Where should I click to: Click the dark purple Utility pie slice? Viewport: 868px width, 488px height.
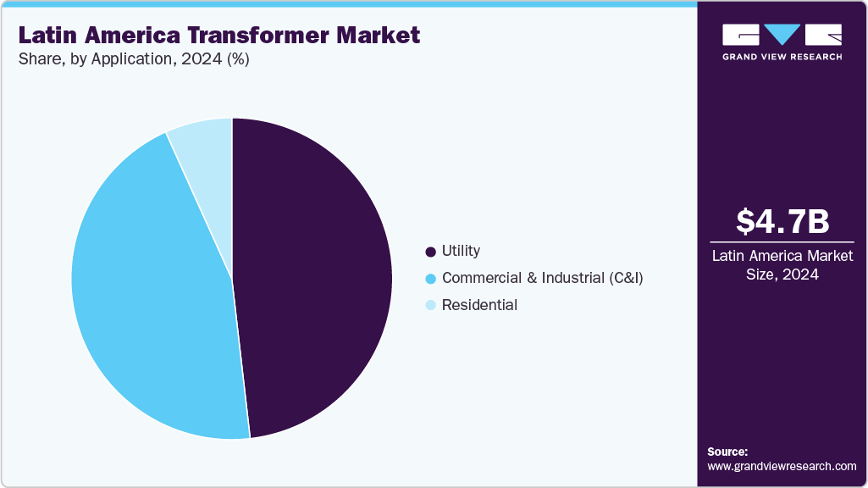[313, 280]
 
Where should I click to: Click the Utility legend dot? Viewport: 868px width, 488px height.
[431, 252]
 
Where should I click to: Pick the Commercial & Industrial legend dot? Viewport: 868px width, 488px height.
[431, 278]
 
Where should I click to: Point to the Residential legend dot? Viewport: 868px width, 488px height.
[431, 305]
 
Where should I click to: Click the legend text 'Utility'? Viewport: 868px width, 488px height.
[461, 251]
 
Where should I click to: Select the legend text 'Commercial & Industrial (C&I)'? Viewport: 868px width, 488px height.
[542, 278]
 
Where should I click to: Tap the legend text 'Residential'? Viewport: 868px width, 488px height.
[479, 305]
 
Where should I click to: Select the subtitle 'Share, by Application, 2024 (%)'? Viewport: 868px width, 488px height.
[134, 59]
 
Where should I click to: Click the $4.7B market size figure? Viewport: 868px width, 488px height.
[782, 221]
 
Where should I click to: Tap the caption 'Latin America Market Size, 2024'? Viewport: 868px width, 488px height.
[782, 263]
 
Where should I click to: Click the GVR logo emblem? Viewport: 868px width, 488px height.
[782, 35]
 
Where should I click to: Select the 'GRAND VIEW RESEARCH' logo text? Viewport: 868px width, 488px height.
[782, 57]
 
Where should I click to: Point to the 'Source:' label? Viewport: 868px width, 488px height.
[727, 452]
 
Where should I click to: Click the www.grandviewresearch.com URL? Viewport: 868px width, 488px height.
[782, 466]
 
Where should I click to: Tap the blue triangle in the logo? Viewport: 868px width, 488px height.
[782, 34]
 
